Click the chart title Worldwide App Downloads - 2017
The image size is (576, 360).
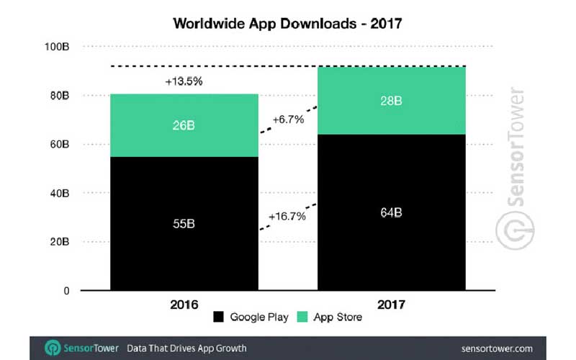[x=287, y=22]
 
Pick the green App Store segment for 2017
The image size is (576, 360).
[x=392, y=100]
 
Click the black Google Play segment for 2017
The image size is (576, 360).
[x=392, y=212]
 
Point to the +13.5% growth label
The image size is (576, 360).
[x=184, y=81]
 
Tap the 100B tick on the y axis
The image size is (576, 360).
[x=57, y=47]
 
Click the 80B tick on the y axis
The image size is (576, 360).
[x=59, y=96]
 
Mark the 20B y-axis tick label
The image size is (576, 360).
[x=59, y=243]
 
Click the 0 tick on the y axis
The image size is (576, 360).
[x=66, y=291]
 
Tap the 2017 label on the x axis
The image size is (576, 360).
[x=392, y=305]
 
